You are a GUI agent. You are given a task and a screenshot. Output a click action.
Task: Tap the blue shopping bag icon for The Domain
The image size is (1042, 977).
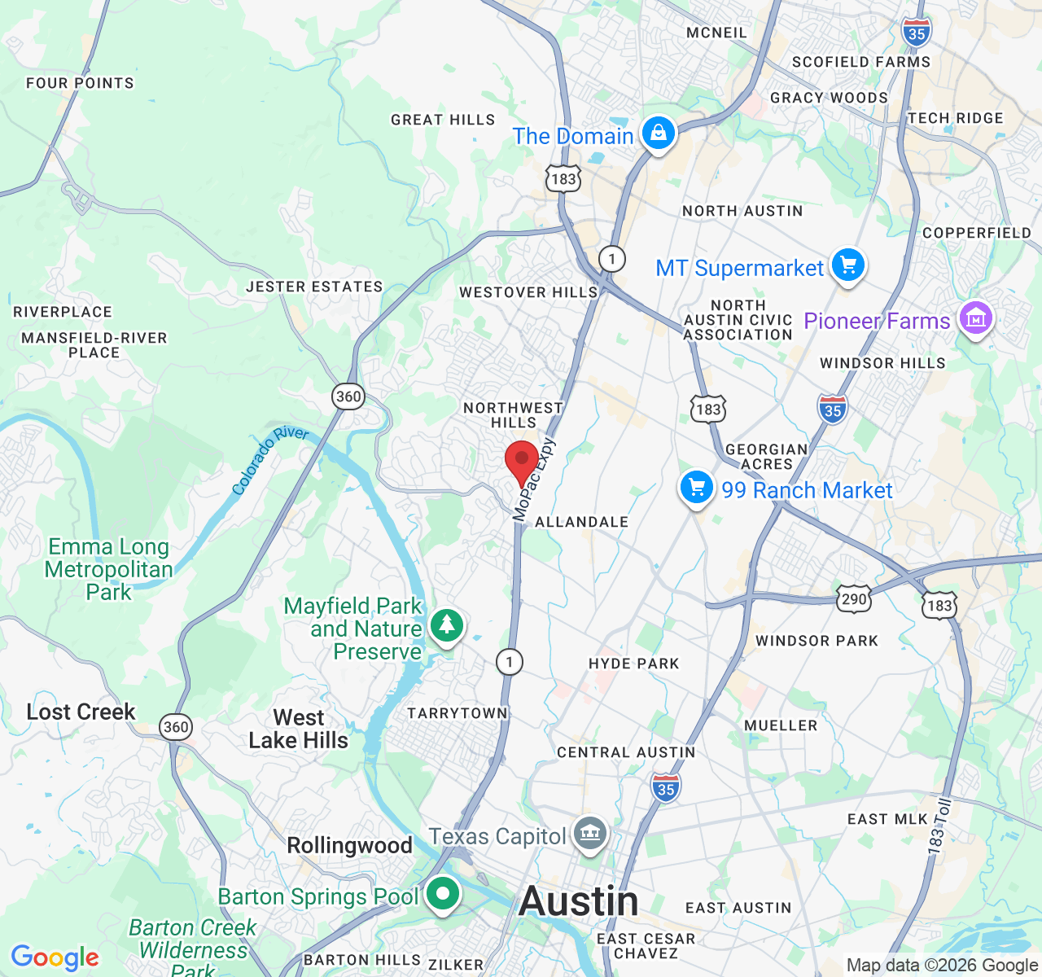[658, 132]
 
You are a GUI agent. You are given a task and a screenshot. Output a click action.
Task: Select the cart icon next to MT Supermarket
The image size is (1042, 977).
[847, 265]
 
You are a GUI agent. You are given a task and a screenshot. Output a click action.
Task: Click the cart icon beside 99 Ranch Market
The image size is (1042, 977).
[696, 488]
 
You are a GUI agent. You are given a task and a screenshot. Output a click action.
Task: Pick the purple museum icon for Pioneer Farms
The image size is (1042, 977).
[975, 318]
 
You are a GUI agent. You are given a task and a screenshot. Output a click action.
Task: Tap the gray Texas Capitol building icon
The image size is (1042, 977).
[590, 833]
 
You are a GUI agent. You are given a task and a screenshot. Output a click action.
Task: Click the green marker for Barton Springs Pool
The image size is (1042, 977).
[442, 894]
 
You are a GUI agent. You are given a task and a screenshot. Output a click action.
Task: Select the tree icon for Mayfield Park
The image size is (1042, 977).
[446, 625]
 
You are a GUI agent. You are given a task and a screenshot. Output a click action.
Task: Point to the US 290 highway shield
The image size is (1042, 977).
[854, 599]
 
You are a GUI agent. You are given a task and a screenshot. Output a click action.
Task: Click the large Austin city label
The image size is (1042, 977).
[579, 901]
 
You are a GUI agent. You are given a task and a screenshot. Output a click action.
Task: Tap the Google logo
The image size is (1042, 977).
[55, 957]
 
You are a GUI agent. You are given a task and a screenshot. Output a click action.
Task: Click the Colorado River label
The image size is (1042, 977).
[269, 460]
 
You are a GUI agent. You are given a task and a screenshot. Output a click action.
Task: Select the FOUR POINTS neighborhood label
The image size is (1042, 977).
[80, 83]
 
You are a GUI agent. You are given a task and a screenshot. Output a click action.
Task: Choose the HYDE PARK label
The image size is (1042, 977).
[633, 664]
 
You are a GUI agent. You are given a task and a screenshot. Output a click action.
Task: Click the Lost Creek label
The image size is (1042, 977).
[81, 712]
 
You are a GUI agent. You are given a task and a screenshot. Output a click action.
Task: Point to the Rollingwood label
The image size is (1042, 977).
[349, 845]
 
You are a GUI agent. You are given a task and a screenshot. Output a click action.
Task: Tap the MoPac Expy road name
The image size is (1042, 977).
[534, 479]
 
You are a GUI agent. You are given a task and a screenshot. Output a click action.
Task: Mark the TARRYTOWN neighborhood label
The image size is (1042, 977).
[457, 713]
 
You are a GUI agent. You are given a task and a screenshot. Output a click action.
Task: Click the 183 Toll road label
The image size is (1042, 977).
[939, 827]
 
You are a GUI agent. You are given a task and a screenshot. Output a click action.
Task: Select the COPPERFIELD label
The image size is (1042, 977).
[976, 233]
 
